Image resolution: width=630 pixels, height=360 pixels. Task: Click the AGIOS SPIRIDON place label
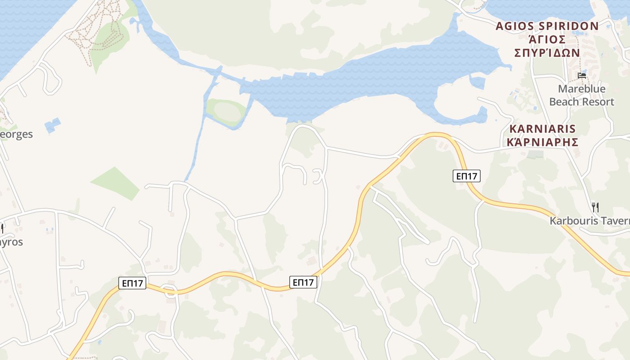(x=547, y=26)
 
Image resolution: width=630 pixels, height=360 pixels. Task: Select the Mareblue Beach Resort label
(x=581, y=95)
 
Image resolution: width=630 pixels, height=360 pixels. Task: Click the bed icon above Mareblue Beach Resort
(x=582, y=75)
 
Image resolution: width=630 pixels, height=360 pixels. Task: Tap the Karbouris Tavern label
(x=589, y=221)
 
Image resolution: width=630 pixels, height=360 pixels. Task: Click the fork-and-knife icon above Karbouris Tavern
(x=595, y=207)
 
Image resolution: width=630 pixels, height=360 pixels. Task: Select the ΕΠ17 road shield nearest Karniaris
(x=467, y=176)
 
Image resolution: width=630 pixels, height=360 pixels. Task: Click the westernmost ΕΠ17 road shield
(x=133, y=283)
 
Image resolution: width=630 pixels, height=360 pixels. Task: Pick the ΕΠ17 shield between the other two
(x=303, y=282)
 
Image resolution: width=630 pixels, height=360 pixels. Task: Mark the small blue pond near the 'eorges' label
(x=53, y=125)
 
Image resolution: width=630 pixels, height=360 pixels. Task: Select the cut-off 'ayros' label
(x=12, y=242)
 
